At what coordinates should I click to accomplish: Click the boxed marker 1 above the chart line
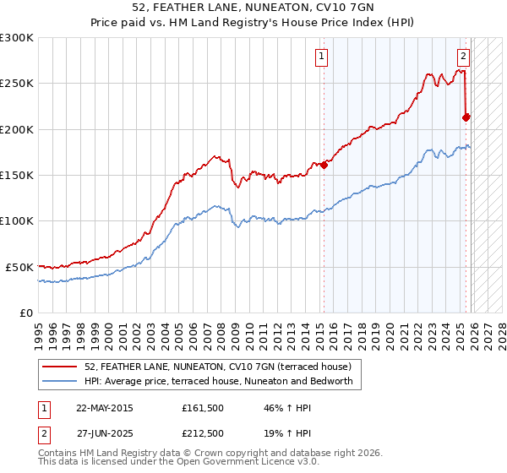[322, 57]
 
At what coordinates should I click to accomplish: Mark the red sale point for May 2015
[324, 165]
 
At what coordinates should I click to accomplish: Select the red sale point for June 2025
[466, 117]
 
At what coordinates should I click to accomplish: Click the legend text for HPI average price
[223, 382]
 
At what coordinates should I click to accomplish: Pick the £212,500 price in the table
[203, 433]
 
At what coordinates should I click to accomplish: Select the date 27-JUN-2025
[104, 433]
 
